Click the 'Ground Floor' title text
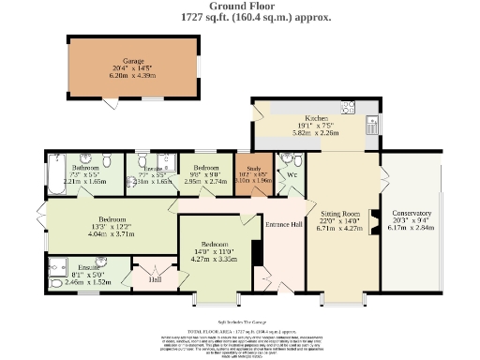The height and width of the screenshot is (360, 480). pyautogui.click(x=240, y=7)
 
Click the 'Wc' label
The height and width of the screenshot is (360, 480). pyautogui.click(x=292, y=174)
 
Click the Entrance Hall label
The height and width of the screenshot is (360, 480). pyautogui.click(x=283, y=224)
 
